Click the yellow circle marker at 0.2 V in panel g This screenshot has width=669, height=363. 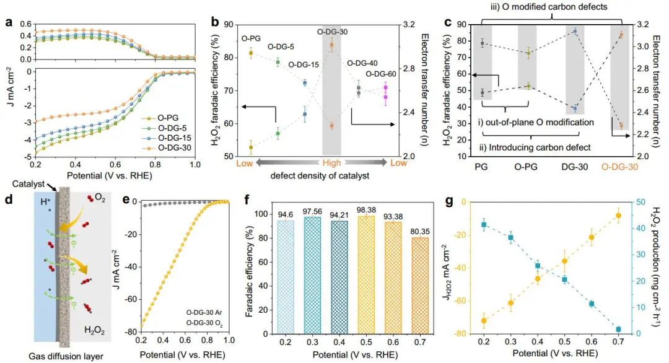pyautogui.click(x=483, y=320)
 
